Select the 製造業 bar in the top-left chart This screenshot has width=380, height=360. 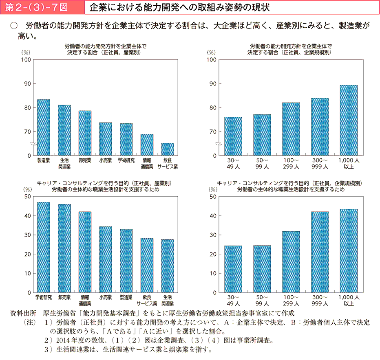[x=44, y=127]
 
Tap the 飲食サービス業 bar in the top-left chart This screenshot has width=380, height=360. [x=167, y=149]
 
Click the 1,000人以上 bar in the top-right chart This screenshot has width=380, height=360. [x=349, y=120]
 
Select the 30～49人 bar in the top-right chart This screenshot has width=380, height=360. [x=233, y=136]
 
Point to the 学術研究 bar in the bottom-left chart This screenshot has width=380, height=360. [x=44, y=247]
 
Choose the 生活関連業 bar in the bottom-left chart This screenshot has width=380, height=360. [x=167, y=266]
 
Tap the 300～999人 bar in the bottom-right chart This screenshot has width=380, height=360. [x=320, y=252]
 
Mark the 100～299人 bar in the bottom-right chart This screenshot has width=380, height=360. [x=291, y=261]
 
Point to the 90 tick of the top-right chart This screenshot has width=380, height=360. [x=211, y=84]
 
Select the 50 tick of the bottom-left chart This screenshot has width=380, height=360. [x=27, y=197]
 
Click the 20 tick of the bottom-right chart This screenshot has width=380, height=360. [x=212, y=255]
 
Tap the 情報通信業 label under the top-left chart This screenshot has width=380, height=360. [x=147, y=163]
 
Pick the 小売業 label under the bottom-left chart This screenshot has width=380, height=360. [x=106, y=297]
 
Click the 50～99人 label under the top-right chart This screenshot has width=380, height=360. [x=262, y=163]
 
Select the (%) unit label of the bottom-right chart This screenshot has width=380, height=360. [x=213, y=189]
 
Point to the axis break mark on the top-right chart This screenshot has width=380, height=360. [x=218, y=144]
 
